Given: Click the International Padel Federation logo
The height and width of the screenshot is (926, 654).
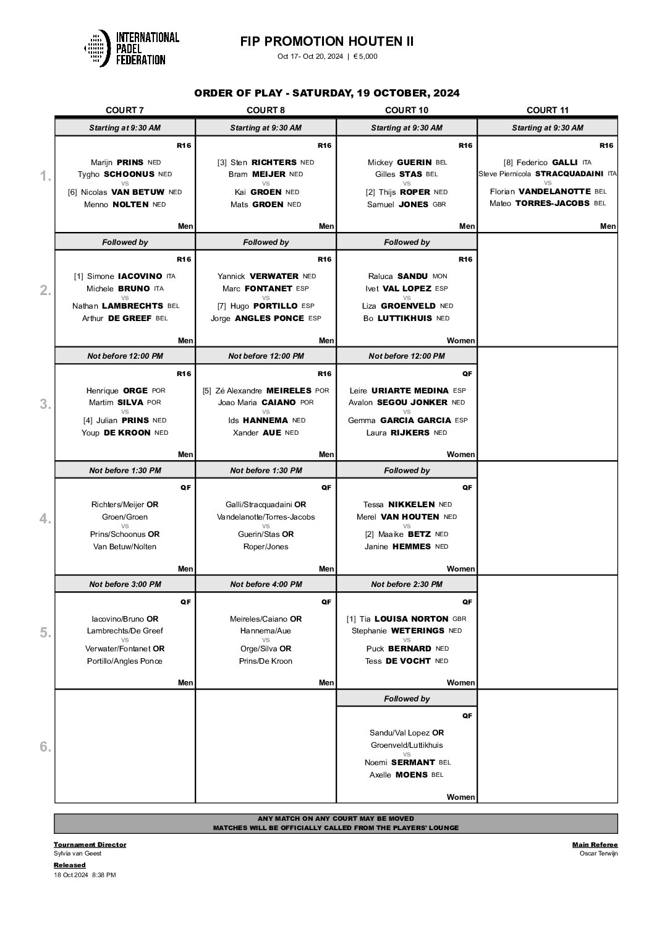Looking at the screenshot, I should click(x=131, y=48).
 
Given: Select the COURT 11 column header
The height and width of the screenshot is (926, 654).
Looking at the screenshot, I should click(x=547, y=110).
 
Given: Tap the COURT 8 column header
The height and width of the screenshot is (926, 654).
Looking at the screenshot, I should click(x=265, y=110).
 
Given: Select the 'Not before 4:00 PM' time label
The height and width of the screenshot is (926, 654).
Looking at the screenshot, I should click(x=266, y=585).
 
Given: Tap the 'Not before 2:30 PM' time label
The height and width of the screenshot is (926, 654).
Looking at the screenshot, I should click(x=406, y=585).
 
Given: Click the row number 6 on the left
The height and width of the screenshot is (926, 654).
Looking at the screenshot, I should click(x=45, y=747).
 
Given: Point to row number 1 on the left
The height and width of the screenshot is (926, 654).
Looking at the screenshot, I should click(x=45, y=176).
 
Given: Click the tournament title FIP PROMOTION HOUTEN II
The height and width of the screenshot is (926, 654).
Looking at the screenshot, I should click(x=327, y=41).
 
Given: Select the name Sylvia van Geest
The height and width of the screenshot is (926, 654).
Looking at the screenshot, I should click(x=77, y=854).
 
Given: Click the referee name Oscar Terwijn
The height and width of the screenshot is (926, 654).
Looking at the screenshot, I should click(x=598, y=854).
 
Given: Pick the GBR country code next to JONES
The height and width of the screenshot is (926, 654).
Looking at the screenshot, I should click(x=440, y=205).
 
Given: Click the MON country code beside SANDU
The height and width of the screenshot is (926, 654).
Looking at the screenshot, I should click(x=440, y=277).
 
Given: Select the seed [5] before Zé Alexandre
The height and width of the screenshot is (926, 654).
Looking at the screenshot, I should click(x=207, y=391).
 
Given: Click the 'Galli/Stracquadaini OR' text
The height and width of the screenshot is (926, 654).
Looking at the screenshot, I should click(x=266, y=505).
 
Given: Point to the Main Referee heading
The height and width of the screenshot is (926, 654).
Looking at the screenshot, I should click(x=595, y=844).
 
